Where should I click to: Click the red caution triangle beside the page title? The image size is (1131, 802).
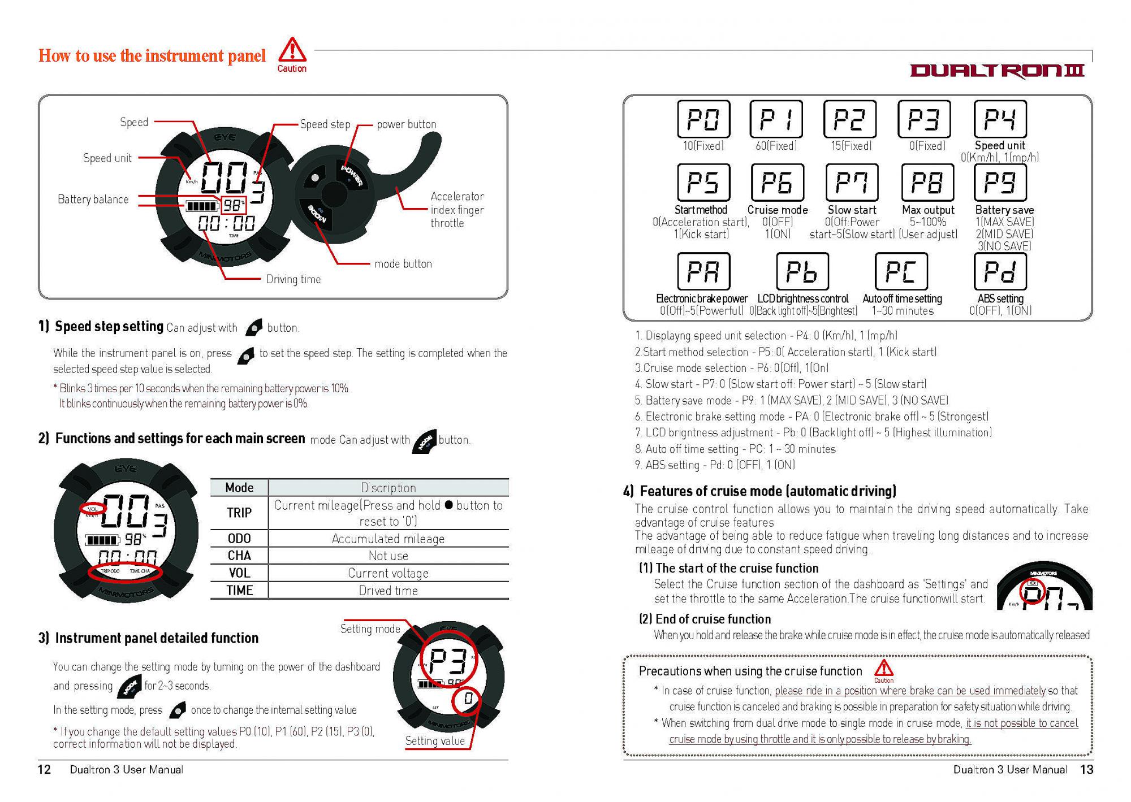(292, 50)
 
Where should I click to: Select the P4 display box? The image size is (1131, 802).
(1000, 119)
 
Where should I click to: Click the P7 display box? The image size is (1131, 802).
(852, 183)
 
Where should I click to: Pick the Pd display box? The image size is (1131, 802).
(1000, 272)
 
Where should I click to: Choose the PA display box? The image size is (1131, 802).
(703, 272)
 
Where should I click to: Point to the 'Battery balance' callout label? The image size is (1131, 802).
(93, 200)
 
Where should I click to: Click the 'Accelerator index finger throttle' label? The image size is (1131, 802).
(457, 210)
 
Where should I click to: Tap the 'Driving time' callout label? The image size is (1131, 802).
(293, 279)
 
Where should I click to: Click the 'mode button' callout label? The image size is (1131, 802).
(403, 264)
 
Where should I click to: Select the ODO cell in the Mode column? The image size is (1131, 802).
(239, 539)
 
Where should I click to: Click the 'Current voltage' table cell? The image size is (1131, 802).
(388, 573)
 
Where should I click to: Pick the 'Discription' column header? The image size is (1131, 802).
(388, 488)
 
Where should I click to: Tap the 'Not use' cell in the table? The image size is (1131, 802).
(388, 556)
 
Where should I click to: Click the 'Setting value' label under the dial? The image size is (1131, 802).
(435, 741)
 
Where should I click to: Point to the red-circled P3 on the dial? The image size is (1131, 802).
(447, 661)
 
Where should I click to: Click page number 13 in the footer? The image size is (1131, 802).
(1086, 770)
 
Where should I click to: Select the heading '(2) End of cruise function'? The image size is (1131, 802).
(705, 619)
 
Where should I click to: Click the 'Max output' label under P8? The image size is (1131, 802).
(928, 210)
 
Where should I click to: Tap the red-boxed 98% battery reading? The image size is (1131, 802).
(233, 205)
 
